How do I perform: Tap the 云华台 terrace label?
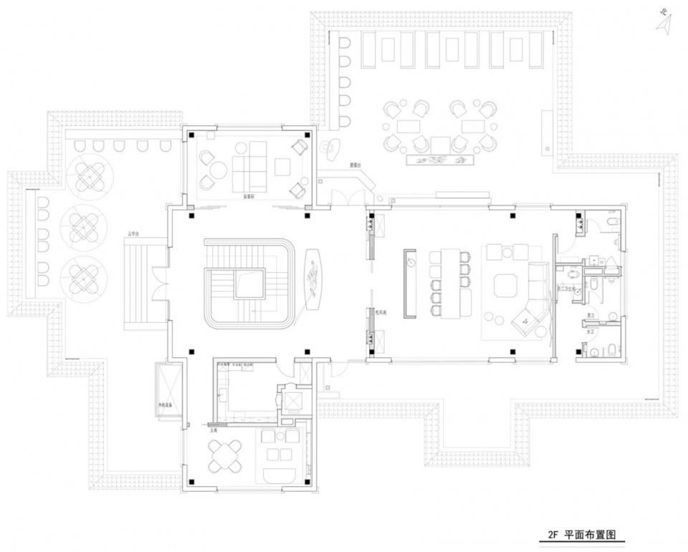point(133,233)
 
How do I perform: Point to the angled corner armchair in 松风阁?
point(528,320)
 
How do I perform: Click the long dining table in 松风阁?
point(445,283)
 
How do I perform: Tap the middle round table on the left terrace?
point(85,224)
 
